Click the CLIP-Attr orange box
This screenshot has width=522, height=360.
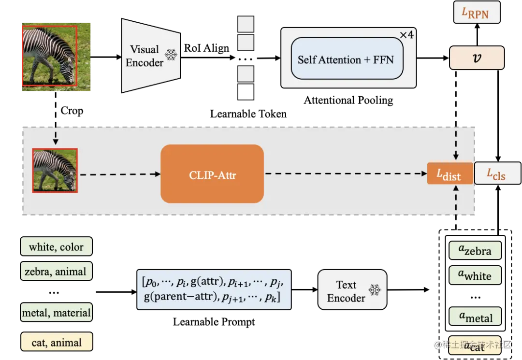[x=212, y=174]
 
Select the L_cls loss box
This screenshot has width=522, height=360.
[x=497, y=173]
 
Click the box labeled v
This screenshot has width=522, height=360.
[x=477, y=58]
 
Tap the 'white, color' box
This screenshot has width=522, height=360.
[x=56, y=247]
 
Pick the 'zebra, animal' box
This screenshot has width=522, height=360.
[x=56, y=272]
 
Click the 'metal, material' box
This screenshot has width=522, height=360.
[x=56, y=313]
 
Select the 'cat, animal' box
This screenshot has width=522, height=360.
[x=56, y=343]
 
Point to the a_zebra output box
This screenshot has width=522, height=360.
[x=475, y=250]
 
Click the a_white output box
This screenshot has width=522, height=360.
[x=475, y=275]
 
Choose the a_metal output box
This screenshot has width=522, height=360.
[x=475, y=317]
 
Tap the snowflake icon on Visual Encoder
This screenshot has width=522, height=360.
[x=171, y=55]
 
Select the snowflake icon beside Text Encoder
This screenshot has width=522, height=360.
[x=375, y=290]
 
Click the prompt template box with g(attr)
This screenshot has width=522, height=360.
[x=214, y=289]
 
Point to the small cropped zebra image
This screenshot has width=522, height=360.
[x=55, y=171]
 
